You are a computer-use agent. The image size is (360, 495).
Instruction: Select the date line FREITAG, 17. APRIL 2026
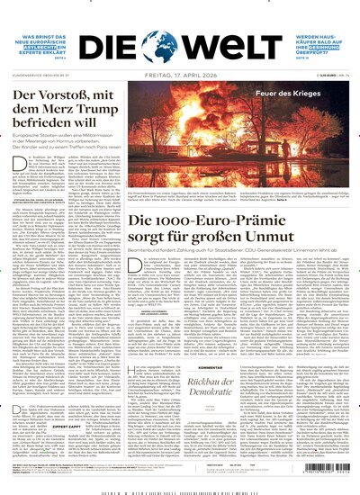pyautogui.click(x=180, y=72)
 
